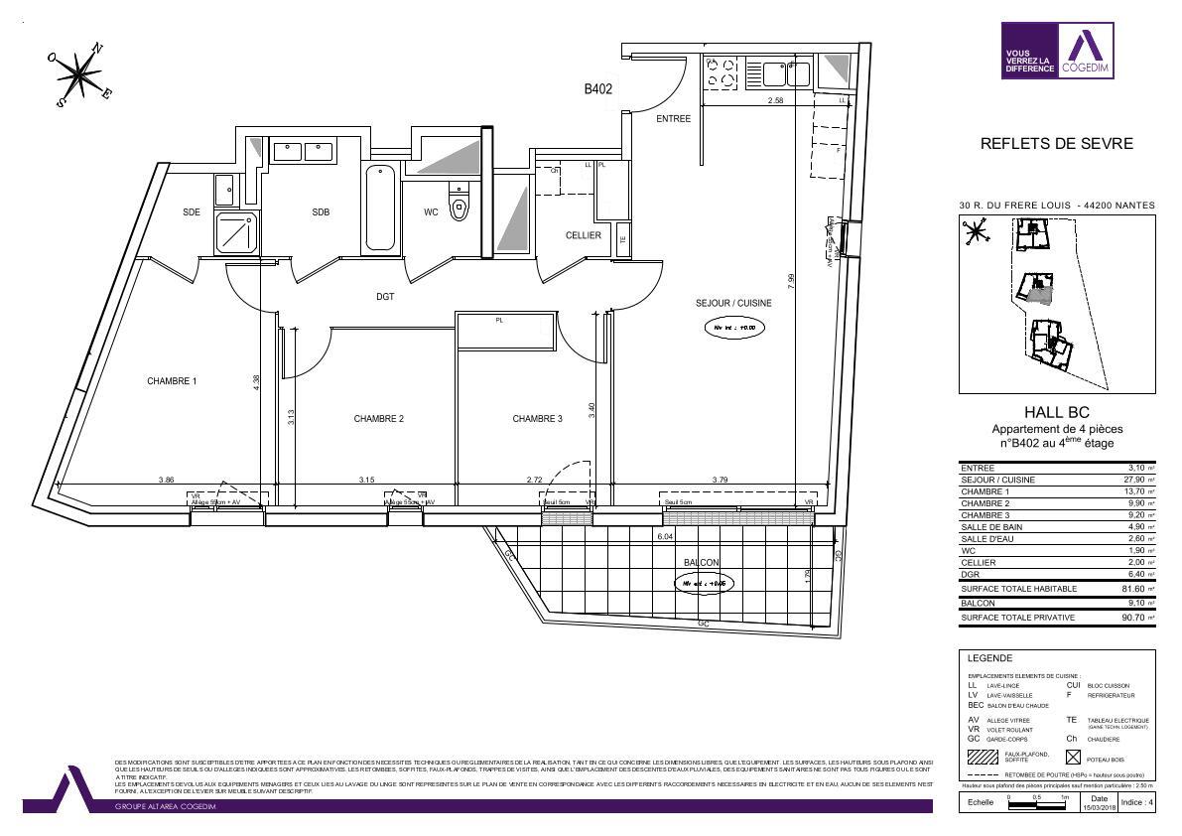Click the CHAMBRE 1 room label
(172, 381)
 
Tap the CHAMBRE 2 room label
(378, 419)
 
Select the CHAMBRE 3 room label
(537, 419)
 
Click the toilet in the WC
(459, 206)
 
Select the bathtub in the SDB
(380, 209)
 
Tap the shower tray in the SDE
(236, 233)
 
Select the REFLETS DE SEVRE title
(1056, 144)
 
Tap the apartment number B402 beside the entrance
(597, 89)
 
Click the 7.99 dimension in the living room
(790, 281)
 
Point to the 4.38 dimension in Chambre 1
(256, 381)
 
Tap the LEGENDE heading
(989, 658)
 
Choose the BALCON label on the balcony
(701, 563)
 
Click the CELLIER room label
(583, 235)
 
